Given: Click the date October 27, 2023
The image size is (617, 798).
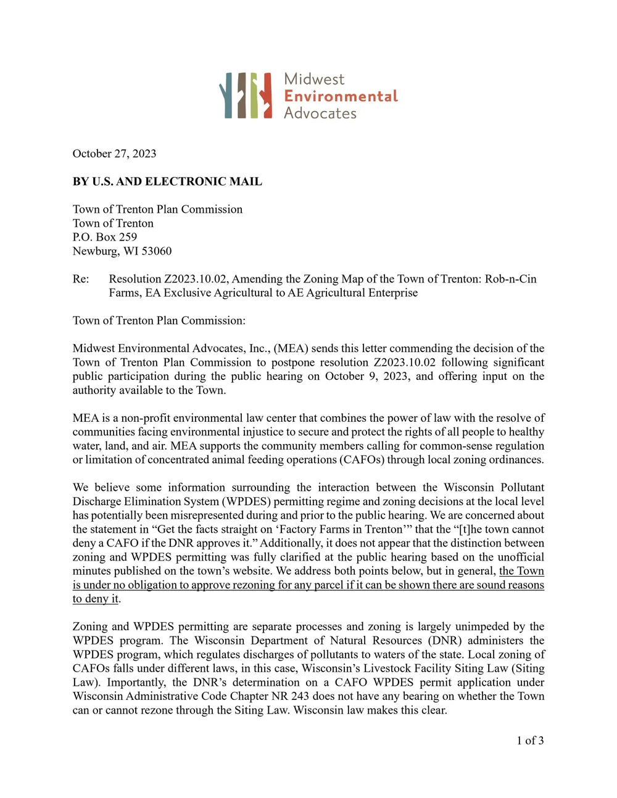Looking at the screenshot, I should pyautogui.click(x=114, y=154).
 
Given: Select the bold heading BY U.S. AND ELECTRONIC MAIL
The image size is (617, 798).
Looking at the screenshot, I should pyautogui.click(x=167, y=181).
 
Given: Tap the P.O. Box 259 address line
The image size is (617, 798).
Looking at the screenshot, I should pyautogui.click(x=105, y=237).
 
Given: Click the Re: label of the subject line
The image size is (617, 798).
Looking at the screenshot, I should pyautogui.click(x=81, y=279).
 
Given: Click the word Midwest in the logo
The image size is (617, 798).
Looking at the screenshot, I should pyautogui.click(x=314, y=79).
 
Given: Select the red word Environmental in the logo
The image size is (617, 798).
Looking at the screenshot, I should pyautogui.click(x=341, y=96).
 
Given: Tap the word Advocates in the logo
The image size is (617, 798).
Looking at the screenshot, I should pyautogui.click(x=320, y=113).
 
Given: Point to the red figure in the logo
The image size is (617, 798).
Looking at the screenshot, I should pyautogui.click(x=265, y=95).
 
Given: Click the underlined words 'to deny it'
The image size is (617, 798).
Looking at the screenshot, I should pyautogui.click(x=95, y=599).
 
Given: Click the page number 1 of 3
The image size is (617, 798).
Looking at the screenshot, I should pyautogui.click(x=530, y=741).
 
